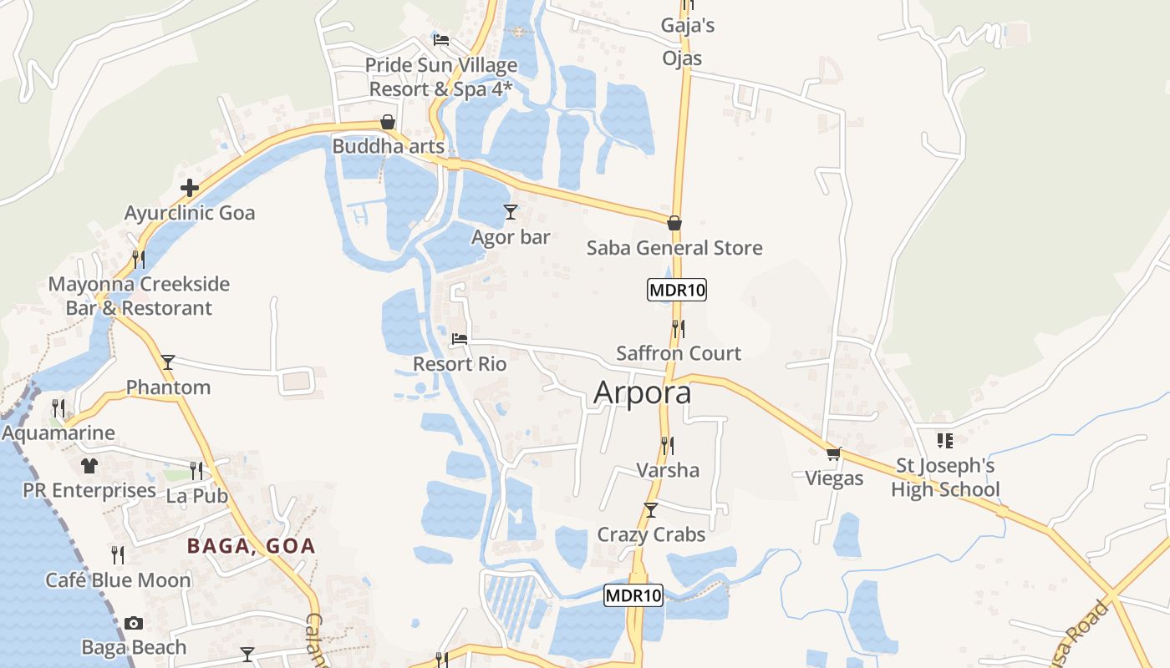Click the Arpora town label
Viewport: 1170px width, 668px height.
[x=642, y=392]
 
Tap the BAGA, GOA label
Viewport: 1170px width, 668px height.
[x=251, y=546]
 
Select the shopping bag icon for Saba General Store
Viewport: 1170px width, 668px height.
[x=674, y=223]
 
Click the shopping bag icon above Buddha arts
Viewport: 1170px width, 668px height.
[x=388, y=122]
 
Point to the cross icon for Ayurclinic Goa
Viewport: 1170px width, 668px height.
[x=190, y=188]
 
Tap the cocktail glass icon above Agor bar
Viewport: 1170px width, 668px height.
[x=511, y=212]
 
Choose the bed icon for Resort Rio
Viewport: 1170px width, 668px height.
[x=460, y=339]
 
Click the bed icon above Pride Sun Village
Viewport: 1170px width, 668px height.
[x=441, y=39]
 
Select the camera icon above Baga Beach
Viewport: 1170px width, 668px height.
[x=133, y=623]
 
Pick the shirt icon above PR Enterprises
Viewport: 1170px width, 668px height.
[x=89, y=466]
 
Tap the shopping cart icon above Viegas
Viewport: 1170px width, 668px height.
[x=833, y=453]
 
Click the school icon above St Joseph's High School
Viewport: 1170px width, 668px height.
[x=945, y=440]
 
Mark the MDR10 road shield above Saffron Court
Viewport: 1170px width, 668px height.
[x=677, y=291]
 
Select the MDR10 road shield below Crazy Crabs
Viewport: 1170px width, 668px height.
[x=633, y=595]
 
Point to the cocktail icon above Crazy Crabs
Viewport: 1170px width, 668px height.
[x=651, y=509]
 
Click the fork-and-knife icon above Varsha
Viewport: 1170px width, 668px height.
[x=667, y=445]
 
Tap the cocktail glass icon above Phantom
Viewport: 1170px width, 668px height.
[x=168, y=362]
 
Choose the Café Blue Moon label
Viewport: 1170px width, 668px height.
[x=118, y=579]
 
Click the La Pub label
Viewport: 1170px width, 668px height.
[x=197, y=495]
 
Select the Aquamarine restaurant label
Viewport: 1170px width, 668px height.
[x=58, y=433]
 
